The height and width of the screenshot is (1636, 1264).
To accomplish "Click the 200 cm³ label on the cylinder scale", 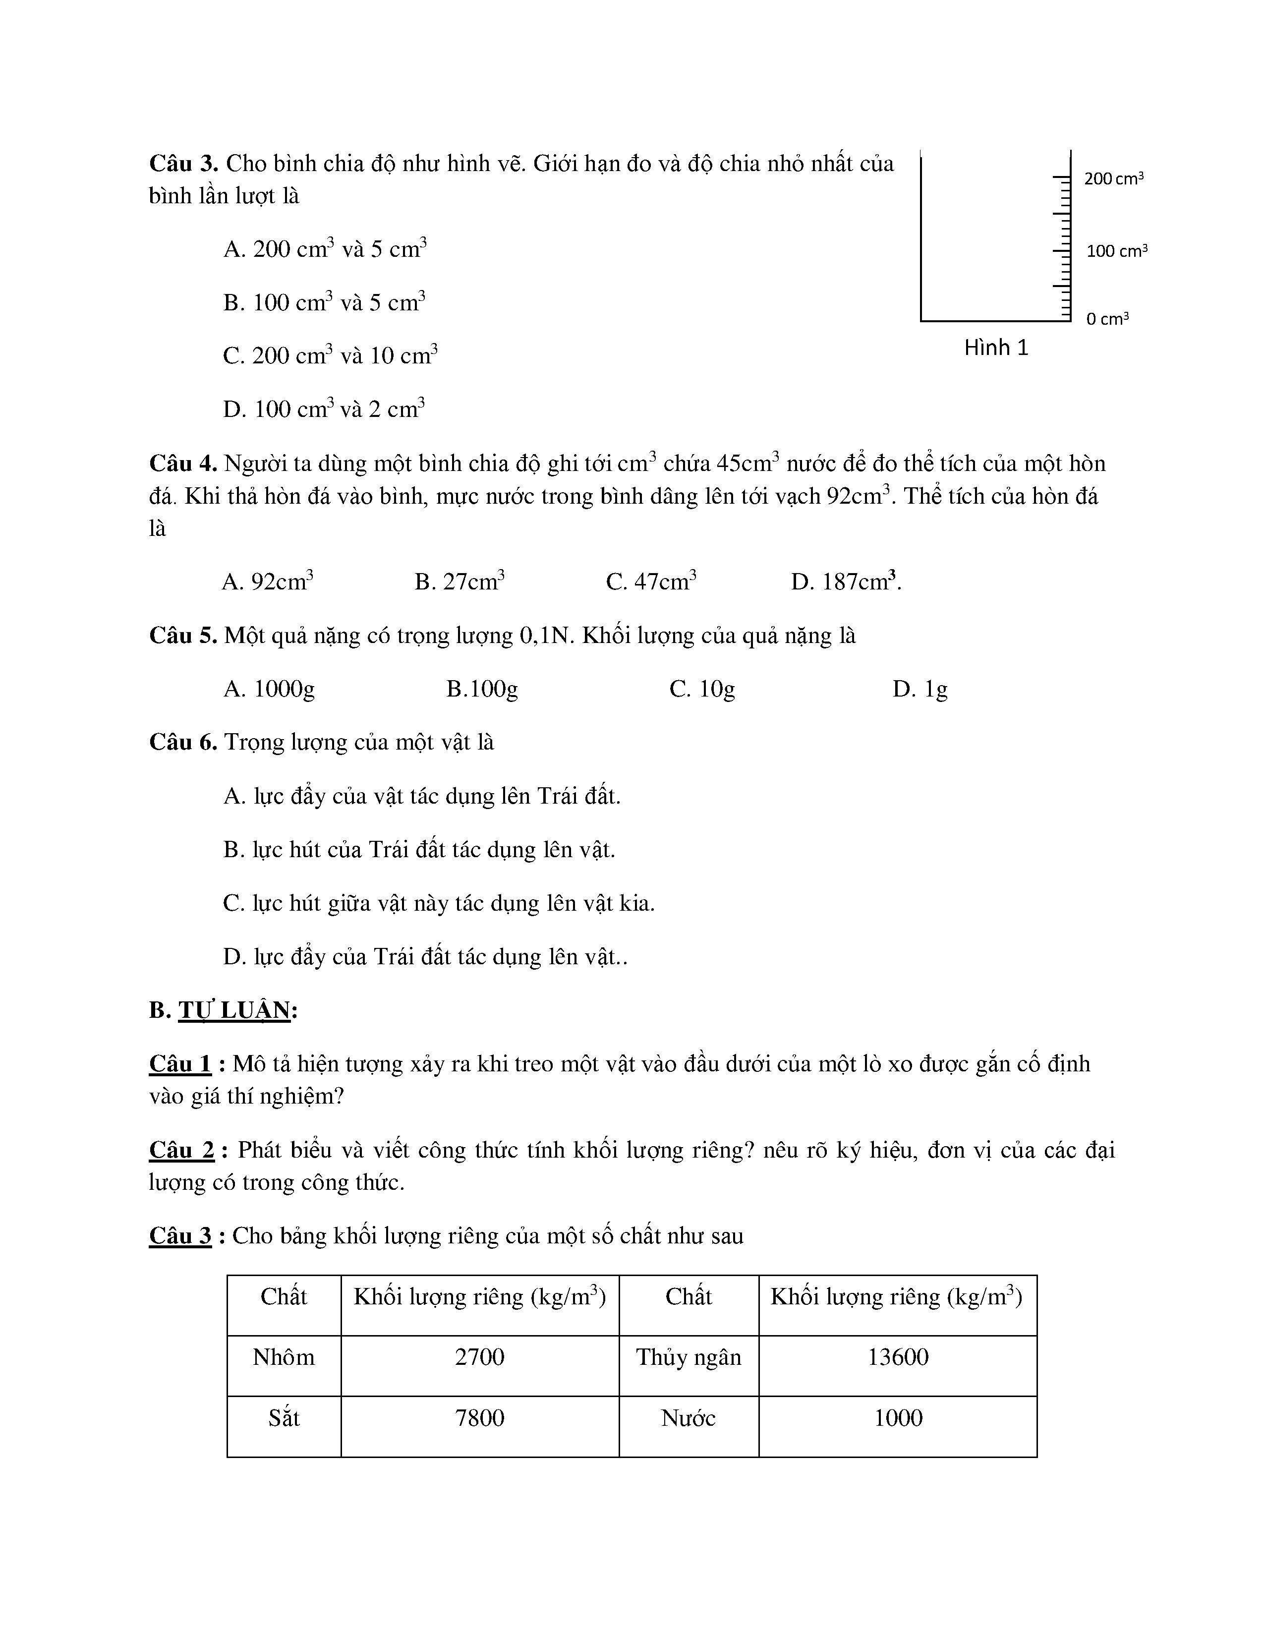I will (x=1113, y=179).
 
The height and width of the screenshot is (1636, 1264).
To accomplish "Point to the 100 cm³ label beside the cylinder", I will (x=1116, y=251).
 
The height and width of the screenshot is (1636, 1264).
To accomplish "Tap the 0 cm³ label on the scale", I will (x=1107, y=319).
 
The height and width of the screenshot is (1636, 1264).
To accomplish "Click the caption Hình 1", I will (x=996, y=348).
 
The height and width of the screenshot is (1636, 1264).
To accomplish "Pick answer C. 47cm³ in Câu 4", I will (x=651, y=582).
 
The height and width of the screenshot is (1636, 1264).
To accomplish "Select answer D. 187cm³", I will (x=846, y=582).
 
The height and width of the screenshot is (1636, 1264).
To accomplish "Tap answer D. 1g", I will (x=919, y=689).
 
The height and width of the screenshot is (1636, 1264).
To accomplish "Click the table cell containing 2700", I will (x=479, y=1356).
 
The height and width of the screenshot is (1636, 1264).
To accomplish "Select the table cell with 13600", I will (x=898, y=1356).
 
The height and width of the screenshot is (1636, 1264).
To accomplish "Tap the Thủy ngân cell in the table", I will (x=688, y=1356).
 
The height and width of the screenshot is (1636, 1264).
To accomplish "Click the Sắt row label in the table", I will (x=284, y=1417).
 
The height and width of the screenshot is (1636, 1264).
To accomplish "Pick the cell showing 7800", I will (x=479, y=1417).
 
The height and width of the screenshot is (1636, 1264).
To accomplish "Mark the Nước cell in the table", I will (x=688, y=1417).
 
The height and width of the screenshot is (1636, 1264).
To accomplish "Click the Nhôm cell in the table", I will (x=284, y=1356).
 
